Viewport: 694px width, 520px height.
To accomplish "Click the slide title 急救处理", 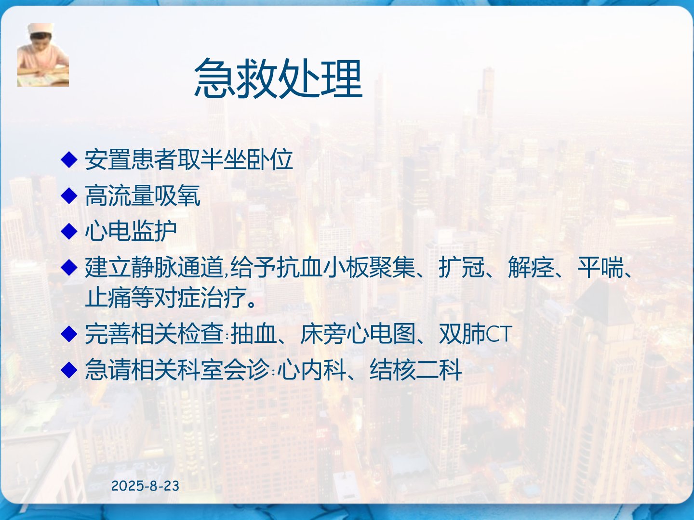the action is pos(278,78).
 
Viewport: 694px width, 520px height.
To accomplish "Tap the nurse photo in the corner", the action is pos(43,54).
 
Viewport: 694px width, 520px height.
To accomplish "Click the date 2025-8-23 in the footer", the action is pos(145,486).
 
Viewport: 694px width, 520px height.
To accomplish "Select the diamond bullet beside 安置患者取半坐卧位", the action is pos(69,159).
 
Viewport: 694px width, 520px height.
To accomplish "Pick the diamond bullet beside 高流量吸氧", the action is pos(69,195).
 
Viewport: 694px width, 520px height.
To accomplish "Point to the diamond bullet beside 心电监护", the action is pos(69,231).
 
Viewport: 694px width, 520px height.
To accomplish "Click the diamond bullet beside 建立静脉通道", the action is pos(69,267).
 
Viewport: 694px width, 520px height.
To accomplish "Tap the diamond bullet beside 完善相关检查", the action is pos(69,334).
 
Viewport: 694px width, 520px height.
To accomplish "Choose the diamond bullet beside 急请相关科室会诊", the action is pos(69,370).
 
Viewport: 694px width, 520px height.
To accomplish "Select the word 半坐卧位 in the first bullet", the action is pos(246,159).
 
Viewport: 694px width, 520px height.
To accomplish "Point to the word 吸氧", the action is pos(177,195).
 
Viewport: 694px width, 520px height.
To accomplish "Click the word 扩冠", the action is pos(462,267).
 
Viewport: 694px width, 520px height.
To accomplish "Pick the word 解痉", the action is pos(531,267).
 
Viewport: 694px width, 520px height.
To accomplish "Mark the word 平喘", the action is pos(601,267).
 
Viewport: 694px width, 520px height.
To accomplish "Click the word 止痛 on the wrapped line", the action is pos(108,298).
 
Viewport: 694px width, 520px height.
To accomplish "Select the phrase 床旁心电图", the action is pos(358,334).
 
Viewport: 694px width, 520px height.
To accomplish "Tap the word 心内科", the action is pos(312,370).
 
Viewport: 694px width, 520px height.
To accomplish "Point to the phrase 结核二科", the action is pos(416,370).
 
